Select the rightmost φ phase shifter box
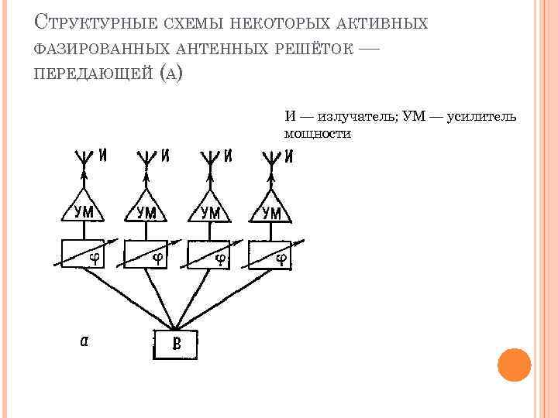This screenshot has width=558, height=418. [x=270, y=255]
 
